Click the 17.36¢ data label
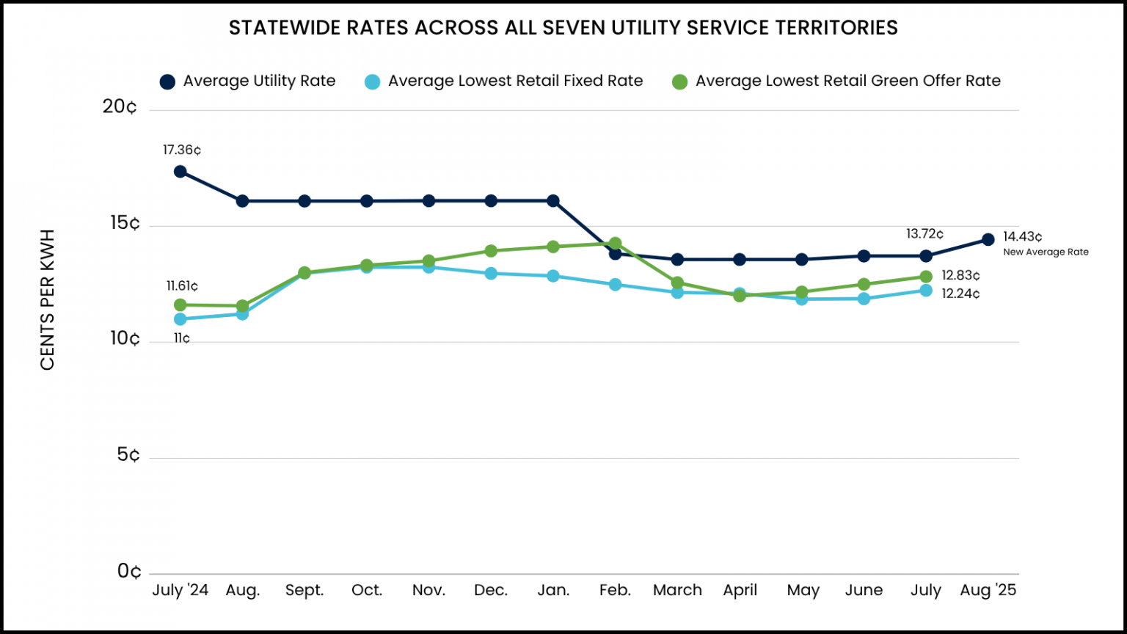(181, 150)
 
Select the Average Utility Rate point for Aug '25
(988, 239)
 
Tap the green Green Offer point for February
(615, 243)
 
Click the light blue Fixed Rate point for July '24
(180, 319)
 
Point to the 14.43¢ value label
(1022, 237)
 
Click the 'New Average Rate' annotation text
(1046, 252)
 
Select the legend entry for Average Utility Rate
(248, 81)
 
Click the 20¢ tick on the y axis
(120, 107)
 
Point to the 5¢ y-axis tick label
(127, 456)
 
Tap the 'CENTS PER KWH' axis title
(48, 300)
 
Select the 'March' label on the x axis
(677, 591)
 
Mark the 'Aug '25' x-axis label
(988, 591)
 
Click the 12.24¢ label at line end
(960, 294)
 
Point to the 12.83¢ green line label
(960, 276)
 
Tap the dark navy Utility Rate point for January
(553, 201)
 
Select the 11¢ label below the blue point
(181, 339)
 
